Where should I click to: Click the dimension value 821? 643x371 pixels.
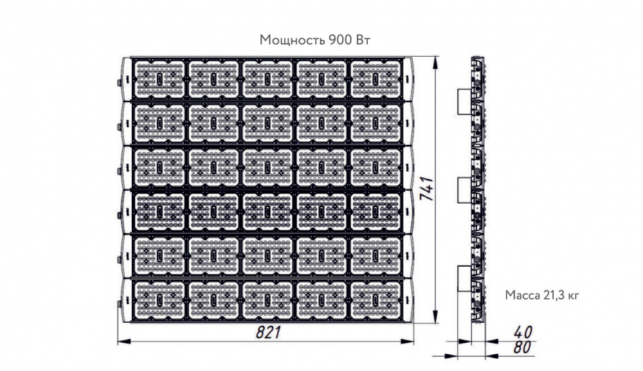point(269,332)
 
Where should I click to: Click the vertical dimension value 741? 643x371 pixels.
point(426,188)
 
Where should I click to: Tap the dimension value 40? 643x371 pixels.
point(522,332)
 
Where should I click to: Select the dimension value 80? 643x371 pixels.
point(522,347)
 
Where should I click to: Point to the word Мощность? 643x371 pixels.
point(292,40)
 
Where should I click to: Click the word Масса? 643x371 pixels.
point(520,294)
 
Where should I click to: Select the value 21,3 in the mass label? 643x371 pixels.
point(552,294)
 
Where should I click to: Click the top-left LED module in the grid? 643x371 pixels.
point(159,79)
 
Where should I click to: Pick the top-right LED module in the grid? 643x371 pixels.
point(376,79)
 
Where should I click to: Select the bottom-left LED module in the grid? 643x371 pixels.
point(159,300)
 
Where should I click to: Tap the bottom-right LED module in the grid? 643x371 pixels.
point(376,300)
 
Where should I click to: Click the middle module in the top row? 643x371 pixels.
point(267,79)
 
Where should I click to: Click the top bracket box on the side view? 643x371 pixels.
point(464,101)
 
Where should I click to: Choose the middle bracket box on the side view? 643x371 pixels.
point(464,190)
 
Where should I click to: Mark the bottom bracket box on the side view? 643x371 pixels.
point(464,278)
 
